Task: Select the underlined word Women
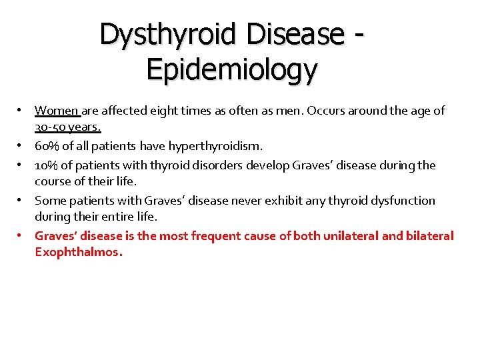pos(57,111)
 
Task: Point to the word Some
pos(49,201)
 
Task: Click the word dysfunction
pos(398,201)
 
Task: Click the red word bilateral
pos(429,235)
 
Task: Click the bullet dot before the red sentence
pos(21,235)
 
